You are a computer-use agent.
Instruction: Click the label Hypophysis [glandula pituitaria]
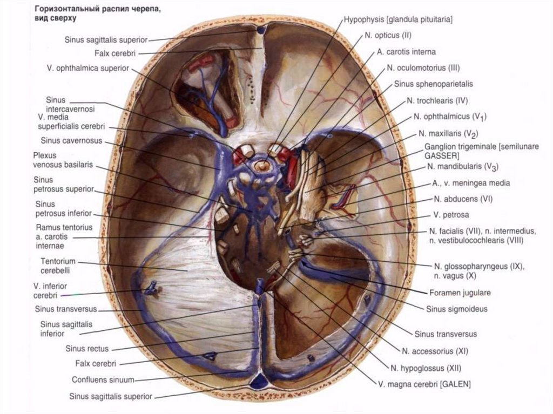397,19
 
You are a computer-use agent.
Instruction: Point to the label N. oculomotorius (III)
416,68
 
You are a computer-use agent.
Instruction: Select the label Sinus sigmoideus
457,309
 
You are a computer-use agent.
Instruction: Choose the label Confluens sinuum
103,379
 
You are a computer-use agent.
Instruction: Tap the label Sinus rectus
87,348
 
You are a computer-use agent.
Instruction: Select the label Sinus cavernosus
71,140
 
